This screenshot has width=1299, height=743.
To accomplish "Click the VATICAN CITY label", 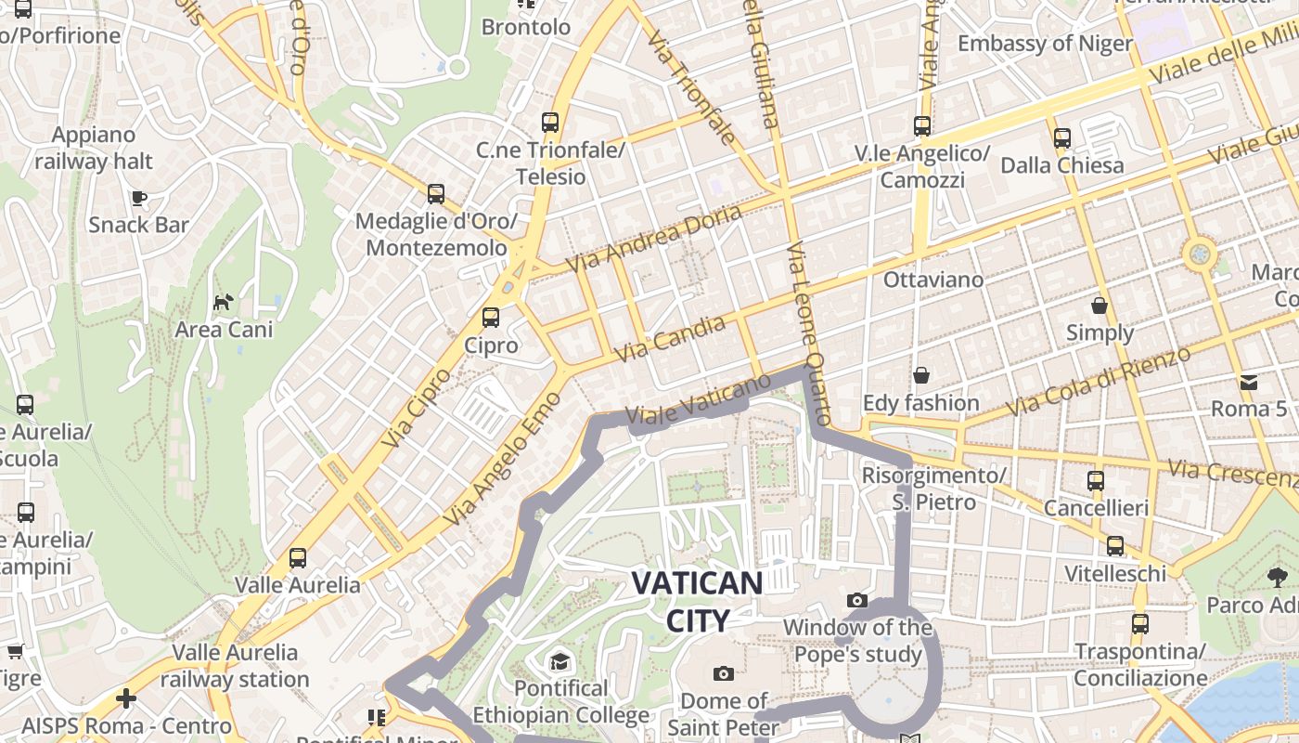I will coord(697,601).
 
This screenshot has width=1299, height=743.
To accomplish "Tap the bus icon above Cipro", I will coord(490,318).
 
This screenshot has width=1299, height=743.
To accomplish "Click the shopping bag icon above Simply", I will coord(1100,306).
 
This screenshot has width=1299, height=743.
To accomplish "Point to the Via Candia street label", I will coord(670,339).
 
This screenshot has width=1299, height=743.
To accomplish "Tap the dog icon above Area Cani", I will coord(224,302).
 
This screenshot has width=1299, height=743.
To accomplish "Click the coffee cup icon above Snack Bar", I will coord(138,198).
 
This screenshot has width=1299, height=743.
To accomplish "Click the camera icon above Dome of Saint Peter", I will coord(723,673).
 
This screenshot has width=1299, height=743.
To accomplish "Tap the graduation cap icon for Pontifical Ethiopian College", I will coord(559,661).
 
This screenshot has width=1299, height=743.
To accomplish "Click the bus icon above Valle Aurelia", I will coord(297,558).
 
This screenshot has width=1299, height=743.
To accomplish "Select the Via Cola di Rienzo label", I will coord(1098,382).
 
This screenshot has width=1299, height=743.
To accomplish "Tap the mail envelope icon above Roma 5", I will coord(1248,382).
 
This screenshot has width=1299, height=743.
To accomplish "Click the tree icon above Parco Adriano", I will coord(1278,578).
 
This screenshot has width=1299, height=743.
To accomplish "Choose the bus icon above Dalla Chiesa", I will coord(1062,138).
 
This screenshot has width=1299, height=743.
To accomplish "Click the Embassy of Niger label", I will coord(1045,44).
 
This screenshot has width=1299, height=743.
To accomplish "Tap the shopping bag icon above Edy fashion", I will coord(921,375).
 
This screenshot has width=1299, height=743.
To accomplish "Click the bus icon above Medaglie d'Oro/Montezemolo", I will coord(436,194).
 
